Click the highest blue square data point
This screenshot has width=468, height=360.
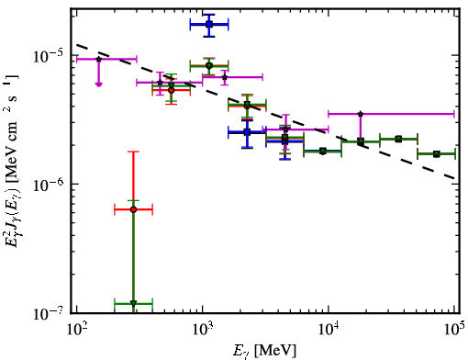(209, 24)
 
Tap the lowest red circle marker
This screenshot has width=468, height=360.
(133, 209)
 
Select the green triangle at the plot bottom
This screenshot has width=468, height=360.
(133, 303)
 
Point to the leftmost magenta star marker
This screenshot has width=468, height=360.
(98, 59)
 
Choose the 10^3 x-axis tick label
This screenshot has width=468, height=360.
(204, 329)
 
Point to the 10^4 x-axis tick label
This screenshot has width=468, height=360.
(329, 329)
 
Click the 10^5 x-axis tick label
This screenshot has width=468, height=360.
(455, 329)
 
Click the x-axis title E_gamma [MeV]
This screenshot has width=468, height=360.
(264, 350)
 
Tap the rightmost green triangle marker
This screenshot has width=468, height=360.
(436, 154)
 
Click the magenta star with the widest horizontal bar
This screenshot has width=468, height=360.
(361, 114)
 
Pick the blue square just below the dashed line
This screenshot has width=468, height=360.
(247, 132)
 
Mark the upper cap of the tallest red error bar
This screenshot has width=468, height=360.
(133, 152)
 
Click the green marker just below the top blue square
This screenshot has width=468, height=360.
(209, 65)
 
